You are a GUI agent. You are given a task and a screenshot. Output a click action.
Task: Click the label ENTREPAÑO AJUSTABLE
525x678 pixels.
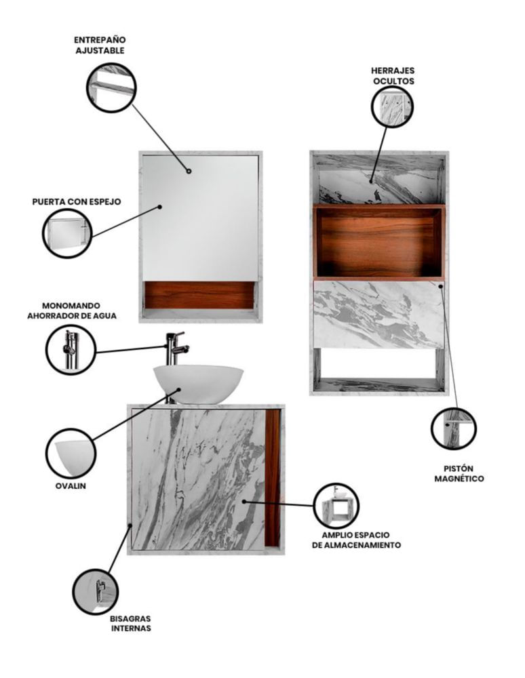[100, 45]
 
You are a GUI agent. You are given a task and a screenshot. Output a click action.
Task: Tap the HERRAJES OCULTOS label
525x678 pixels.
[393, 76]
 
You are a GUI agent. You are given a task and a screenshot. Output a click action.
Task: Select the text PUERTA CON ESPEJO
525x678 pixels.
[77, 201]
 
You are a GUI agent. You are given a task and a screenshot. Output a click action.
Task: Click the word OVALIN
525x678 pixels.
[71, 486]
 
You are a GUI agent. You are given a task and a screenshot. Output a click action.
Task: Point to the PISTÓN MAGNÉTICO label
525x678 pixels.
[459, 473]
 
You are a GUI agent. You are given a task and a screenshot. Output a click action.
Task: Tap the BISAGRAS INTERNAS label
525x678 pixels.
[131, 623]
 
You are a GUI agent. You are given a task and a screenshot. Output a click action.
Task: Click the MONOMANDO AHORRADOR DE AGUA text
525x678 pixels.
[72, 311]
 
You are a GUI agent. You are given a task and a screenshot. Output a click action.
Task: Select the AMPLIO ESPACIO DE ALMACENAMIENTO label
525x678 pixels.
[356, 540]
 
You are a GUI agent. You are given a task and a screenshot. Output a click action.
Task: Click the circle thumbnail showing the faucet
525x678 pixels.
[71, 349]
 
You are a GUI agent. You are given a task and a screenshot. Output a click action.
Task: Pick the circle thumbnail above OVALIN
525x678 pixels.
[71, 454]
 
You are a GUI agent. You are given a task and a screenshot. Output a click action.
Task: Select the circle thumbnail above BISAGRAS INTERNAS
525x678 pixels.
[95, 591]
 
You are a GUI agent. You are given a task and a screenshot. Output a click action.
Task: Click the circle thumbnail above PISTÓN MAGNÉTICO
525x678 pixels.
[454, 429]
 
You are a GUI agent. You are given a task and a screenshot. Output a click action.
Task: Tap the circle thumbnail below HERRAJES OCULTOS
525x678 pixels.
[392, 106]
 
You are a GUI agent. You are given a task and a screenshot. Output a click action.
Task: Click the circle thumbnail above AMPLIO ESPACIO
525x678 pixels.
[336, 505]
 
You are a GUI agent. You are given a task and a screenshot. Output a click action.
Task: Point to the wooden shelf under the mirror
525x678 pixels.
[199, 296]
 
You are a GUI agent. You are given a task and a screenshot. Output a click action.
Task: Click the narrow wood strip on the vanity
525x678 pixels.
[273, 479]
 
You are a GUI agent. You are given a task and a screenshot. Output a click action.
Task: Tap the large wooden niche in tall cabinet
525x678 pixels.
[379, 241]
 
